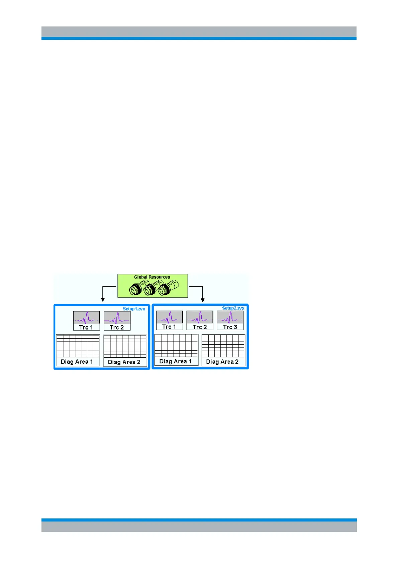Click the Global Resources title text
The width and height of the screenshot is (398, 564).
click(152, 277)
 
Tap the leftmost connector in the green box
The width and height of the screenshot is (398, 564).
click(136, 289)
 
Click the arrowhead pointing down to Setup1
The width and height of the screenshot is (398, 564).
click(103, 299)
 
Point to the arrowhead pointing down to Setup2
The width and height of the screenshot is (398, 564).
click(202, 299)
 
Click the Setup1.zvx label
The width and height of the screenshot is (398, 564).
click(134, 309)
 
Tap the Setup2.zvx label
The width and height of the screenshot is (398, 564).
click(233, 308)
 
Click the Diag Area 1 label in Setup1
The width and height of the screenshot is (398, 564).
click(77, 362)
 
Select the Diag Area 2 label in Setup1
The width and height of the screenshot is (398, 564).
click(124, 362)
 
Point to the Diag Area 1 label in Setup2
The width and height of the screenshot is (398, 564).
click(176, 361)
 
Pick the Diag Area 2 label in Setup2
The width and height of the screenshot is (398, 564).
click(222, 362)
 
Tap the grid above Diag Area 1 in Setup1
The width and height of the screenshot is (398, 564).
click(78, 346)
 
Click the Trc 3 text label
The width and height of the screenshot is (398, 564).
click(230, 327)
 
